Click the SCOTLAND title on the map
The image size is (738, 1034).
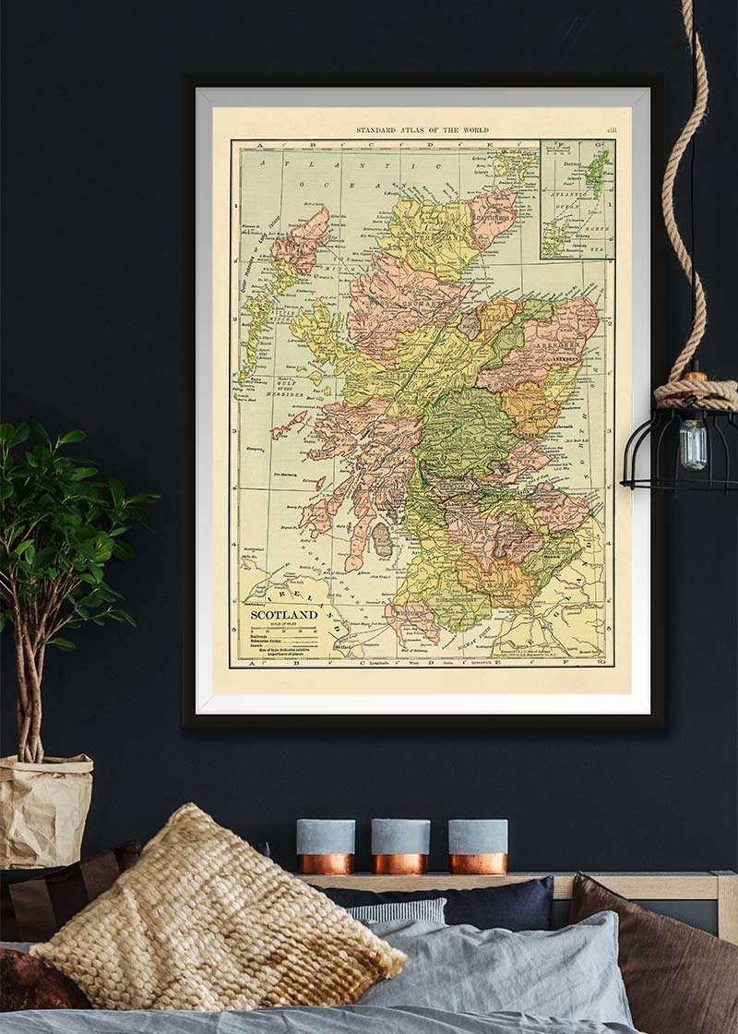point(284,614)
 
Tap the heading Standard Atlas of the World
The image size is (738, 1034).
point(423,130)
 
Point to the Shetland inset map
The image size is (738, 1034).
point(577,198)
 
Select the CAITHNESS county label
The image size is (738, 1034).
point(494,211)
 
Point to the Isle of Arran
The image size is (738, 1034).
point(381,539)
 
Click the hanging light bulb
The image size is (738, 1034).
point(692,443)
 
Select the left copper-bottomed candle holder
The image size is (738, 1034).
point(325,846)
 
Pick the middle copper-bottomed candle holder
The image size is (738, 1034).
point(400,846)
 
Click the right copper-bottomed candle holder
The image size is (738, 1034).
point(478,846)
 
